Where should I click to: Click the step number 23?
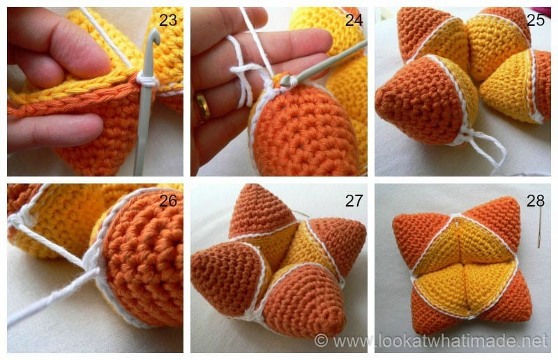[167, 20]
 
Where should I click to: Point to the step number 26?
[168, 203]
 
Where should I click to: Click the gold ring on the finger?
[203, 106]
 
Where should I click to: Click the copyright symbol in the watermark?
[321, 340]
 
